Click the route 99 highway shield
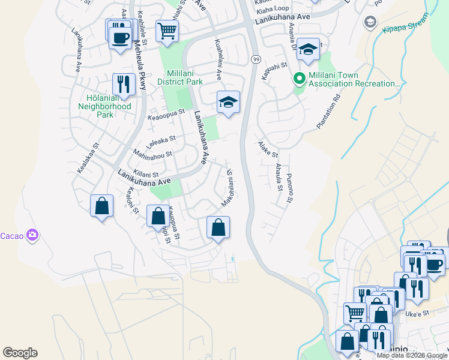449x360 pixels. pos(256,59)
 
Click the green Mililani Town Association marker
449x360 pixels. pos(298,79)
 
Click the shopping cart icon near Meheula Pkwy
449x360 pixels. pos(166,30)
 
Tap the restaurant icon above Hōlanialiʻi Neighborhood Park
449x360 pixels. pos(124,84)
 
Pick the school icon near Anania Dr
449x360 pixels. pos(309,50)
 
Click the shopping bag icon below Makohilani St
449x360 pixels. pos(218,227)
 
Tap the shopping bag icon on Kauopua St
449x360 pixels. pos(158,215)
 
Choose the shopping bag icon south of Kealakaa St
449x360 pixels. pos(101,206)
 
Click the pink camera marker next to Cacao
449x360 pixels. pos(33,236)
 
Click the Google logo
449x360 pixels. pos(20,353)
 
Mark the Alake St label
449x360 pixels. pos(268,149)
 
